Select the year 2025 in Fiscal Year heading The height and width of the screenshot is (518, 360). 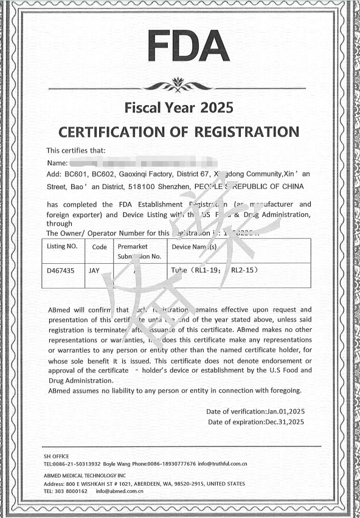213,109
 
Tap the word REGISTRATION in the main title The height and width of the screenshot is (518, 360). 247,132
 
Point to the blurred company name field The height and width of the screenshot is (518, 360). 143,162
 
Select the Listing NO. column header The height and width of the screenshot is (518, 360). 63,247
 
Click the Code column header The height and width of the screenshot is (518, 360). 99,247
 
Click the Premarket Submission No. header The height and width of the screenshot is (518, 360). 139,252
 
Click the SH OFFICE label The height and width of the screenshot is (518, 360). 57,456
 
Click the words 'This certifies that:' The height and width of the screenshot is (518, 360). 76,150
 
